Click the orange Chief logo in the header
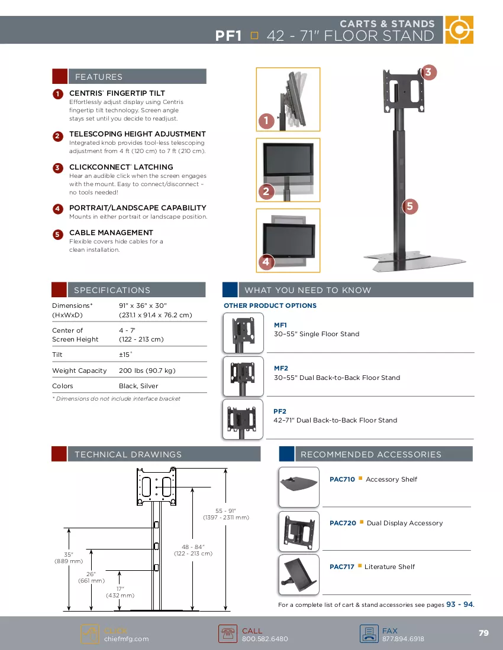[459, 30]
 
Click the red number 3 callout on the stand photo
[428, 73]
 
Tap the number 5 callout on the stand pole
[410, 206]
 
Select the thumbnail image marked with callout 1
[288, 99]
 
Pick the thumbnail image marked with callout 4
[288, 240]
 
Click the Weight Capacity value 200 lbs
[147, 370]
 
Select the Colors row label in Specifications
[63, 386]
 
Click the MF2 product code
[281, 368]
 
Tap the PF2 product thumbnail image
[243, 419]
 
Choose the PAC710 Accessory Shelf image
[299, 487]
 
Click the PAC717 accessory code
[342, 567]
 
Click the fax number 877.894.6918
[403, 639]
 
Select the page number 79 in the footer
[483, 633]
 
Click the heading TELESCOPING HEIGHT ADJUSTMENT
[137, 134]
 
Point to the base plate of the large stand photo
[415, 261]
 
